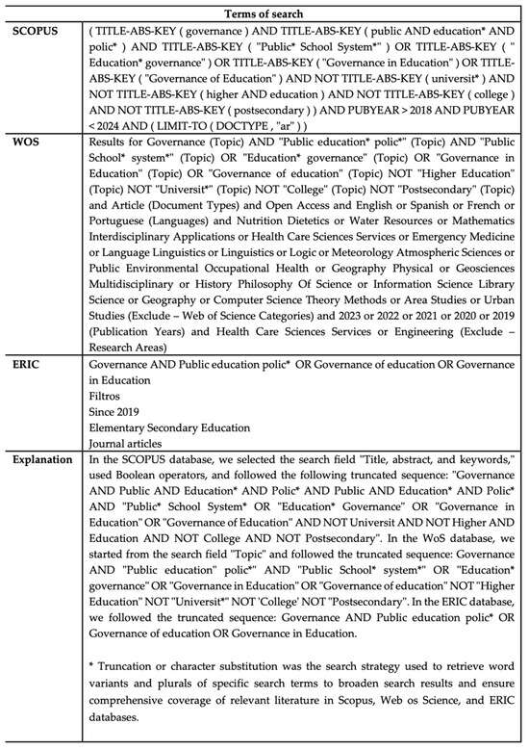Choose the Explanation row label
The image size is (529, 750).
pos(44,459)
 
